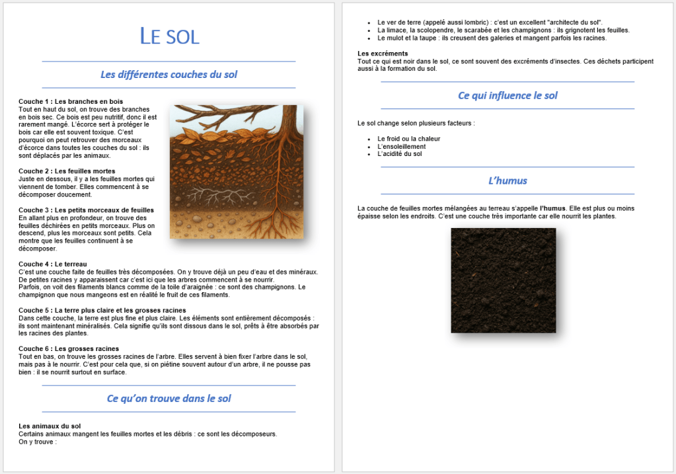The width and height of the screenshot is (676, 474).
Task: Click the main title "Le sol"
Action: [169, 36]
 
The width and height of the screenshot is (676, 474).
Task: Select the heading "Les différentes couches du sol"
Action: [169, 75]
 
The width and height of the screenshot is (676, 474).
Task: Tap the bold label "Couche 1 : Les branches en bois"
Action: [71, 101]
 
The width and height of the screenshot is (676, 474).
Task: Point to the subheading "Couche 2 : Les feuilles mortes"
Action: [67, 171]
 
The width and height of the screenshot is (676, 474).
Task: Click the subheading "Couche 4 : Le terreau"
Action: [54, 264]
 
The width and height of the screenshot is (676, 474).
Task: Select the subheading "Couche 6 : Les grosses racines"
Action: [69, 348]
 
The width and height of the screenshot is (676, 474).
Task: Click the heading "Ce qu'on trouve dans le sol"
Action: [169, 399]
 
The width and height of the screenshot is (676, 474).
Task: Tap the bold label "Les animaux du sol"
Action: [50, 426]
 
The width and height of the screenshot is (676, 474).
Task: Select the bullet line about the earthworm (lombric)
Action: [490, 22]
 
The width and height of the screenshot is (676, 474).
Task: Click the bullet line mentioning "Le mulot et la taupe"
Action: [492, 38]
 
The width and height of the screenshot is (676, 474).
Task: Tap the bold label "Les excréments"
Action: [383, 54]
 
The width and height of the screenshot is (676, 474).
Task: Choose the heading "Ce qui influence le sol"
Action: [507, 96]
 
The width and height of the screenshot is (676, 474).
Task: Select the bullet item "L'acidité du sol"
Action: [399, 154]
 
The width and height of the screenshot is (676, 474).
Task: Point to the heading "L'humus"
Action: [507, 180]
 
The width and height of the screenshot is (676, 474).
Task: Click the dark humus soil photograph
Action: [503, 280]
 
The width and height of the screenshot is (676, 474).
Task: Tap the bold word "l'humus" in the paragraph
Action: [552, 208]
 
